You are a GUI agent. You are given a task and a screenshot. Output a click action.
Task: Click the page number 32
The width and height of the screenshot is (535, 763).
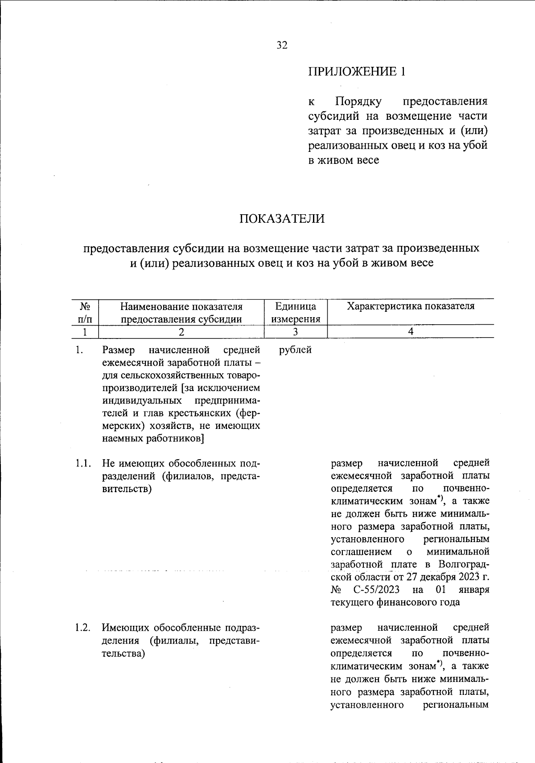coord(282,45)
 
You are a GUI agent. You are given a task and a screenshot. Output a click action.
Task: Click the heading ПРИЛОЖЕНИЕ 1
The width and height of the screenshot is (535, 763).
coord(357,71)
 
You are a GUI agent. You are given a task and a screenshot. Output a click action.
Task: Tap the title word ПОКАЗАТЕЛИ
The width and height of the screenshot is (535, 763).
coord(282,219)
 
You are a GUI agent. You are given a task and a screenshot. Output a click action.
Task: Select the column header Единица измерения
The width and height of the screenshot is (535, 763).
coord(296,312)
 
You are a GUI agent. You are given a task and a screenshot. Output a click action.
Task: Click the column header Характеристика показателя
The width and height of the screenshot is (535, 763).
coord(411,306)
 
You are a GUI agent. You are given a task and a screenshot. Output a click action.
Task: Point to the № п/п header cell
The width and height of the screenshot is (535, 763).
coord(86,312)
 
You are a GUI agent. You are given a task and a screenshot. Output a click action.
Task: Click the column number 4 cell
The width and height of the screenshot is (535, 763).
coord(411,331)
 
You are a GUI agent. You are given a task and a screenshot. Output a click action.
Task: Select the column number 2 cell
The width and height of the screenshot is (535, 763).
coord(181,331)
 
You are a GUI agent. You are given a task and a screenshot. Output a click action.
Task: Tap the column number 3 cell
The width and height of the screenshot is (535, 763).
coord(296,331)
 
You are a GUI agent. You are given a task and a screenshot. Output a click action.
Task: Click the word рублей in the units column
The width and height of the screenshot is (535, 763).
coord(295,350)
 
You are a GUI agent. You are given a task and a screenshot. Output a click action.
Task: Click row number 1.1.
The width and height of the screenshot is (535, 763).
coord(83,464)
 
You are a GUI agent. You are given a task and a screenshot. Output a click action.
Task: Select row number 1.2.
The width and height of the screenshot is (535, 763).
coord(83,628)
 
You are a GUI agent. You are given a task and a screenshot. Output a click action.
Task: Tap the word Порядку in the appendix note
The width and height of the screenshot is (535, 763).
coord(358,102)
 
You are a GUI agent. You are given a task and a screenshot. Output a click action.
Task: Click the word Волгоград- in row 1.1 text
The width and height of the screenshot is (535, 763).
coord(464,565)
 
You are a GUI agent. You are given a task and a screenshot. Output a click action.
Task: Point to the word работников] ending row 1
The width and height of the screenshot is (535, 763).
coord(175,438)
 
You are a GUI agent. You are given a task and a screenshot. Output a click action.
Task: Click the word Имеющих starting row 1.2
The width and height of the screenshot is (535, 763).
coord(126,628)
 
